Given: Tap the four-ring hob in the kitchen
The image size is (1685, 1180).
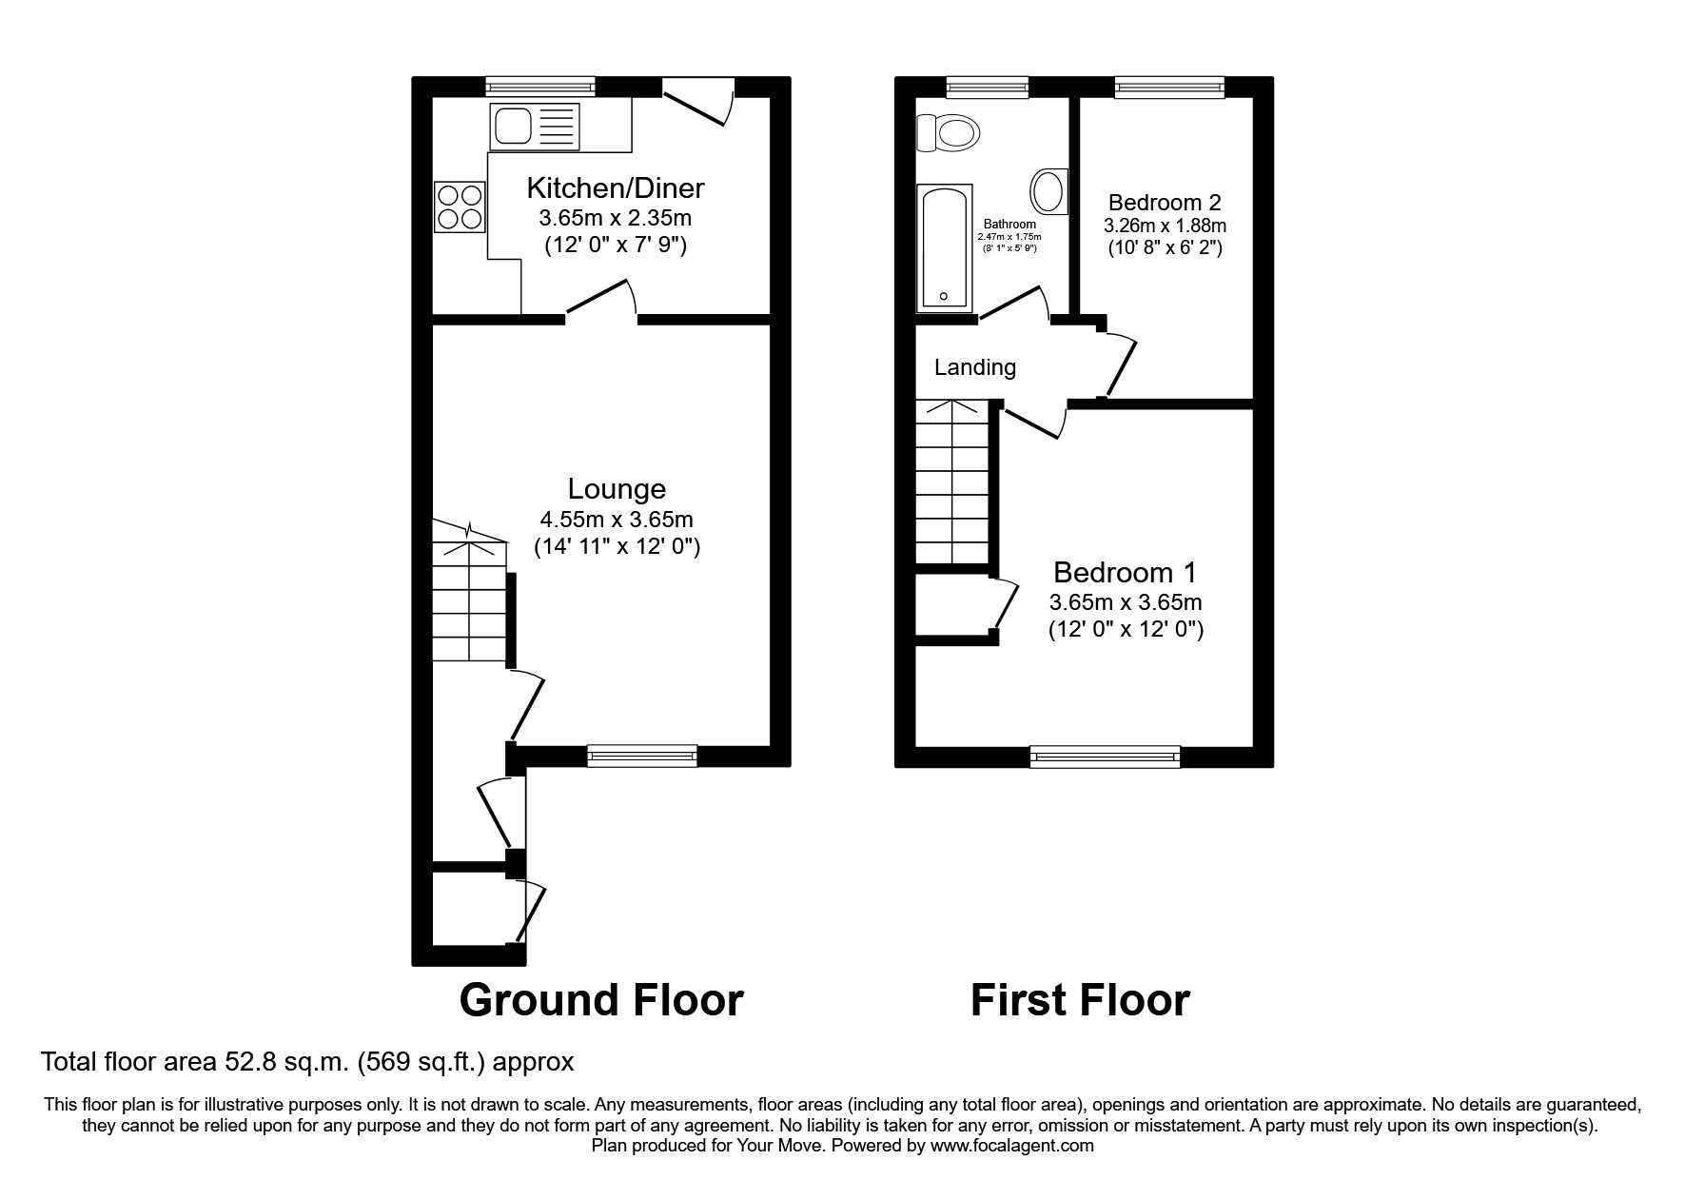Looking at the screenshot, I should tap(460, 207).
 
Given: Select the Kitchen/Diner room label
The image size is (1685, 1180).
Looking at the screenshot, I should tap(616, 187).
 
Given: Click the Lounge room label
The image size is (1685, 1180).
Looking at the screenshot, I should tap(617, 489).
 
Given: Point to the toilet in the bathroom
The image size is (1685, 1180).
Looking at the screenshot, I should tap(948, 133).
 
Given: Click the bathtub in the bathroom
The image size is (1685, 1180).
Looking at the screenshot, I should tap(944, 248).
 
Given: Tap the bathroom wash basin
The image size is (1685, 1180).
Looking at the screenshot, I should tap(1048, 191).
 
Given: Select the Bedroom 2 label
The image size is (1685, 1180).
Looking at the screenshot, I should tap(1165, 202).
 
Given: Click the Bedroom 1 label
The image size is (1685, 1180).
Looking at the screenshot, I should tap(1125, 572).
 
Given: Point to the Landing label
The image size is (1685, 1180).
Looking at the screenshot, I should tap(974, 367).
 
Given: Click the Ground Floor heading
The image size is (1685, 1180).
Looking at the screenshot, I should tap(600, 1000).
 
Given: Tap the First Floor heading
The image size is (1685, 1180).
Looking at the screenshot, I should tap(1080, 1000).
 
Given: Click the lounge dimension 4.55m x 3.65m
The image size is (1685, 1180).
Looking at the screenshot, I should tap(617, 520).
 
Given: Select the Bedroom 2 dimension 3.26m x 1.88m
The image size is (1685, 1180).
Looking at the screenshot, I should tap(1165, 226).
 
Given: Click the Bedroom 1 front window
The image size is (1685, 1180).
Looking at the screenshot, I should tap(1105, 757).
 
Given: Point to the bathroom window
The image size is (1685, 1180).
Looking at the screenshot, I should tap(988, 88).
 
